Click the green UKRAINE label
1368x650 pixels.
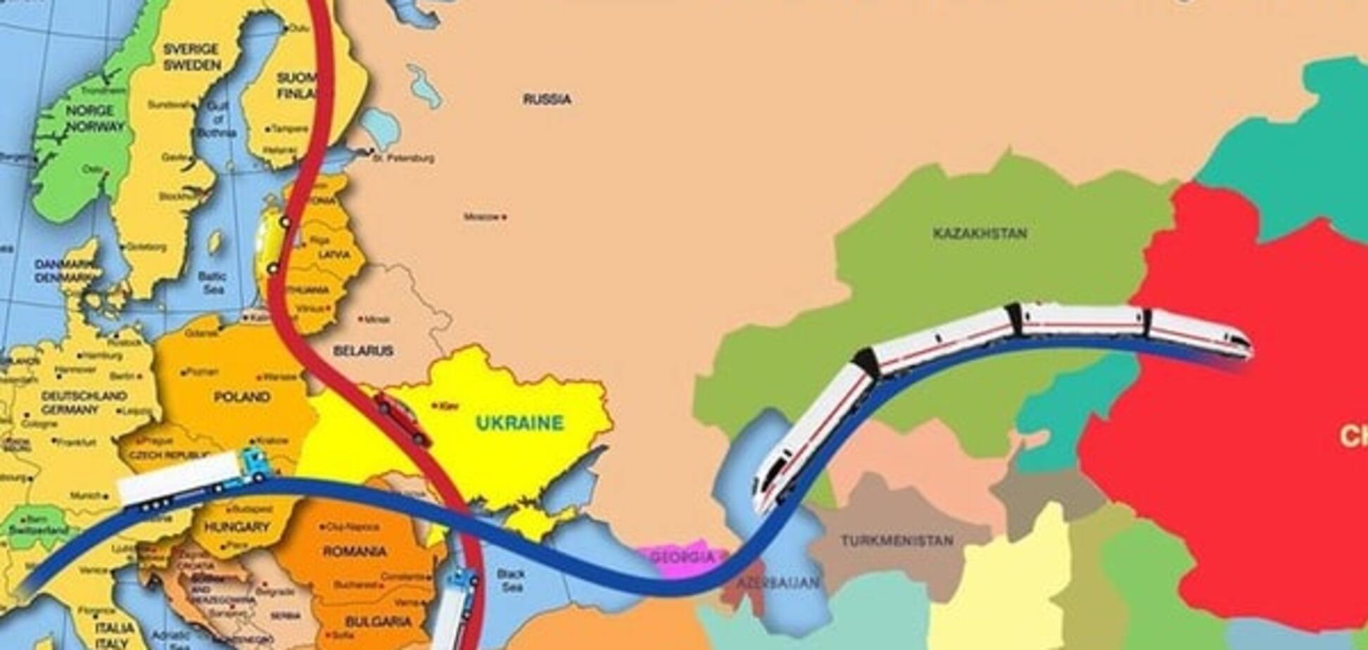point(520,423)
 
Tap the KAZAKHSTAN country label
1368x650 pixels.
point(980,234)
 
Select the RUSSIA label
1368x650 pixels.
point(547,99)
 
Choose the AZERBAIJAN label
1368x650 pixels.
point(778,583)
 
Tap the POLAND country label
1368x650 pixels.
point(242,397)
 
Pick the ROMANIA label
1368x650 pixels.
point(355,551)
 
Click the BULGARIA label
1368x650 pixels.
point(379,622)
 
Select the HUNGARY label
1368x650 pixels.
point(236,527)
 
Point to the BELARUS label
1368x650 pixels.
point(363,350)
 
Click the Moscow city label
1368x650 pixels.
point(481,217)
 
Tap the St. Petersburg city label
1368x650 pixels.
point(403,158)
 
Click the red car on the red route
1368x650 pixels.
point(402,419)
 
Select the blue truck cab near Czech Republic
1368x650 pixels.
point(253,464)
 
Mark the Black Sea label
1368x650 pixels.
point(511,580)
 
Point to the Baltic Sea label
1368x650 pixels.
point(213,283)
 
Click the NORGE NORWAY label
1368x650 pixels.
point(94,118)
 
